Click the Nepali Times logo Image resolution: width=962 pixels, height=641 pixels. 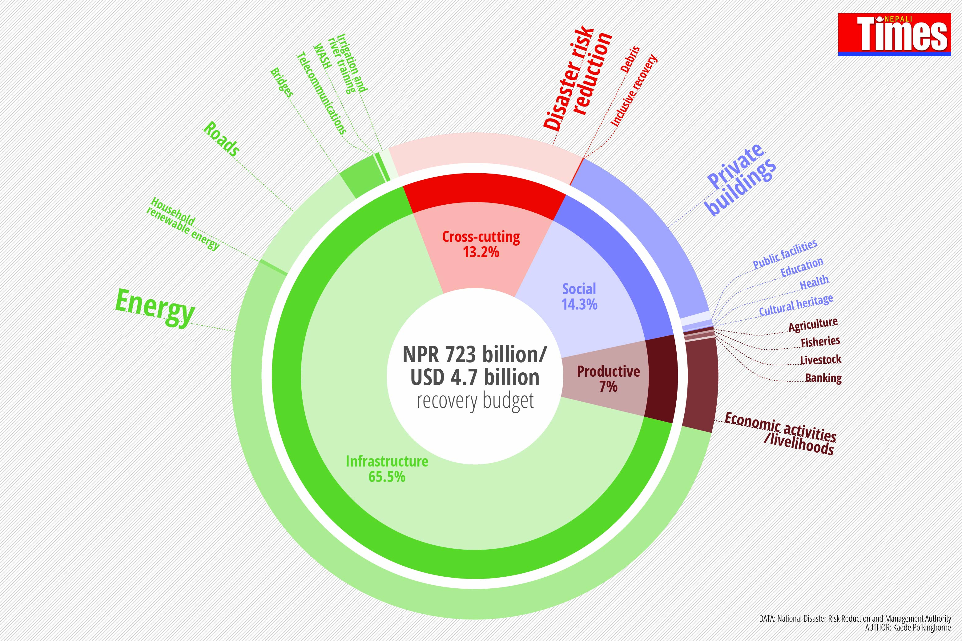(x=894, y=34)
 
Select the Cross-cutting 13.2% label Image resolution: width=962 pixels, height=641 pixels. (x=481, y=244)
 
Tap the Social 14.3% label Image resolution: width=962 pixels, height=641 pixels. (x=579, y=296)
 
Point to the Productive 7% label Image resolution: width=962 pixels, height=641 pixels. (x=608, y=379)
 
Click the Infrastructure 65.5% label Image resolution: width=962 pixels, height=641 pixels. (x=387, y=468)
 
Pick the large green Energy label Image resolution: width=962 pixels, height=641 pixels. (x=155, y=307)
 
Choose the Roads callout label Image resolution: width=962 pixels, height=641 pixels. (x=221, y=139)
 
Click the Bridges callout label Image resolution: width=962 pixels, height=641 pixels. (x=282, y=82)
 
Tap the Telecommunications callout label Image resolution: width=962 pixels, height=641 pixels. (x=321, y=93)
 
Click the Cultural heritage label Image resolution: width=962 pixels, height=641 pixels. (x=796, y=305)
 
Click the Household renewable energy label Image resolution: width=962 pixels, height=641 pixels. (x=183, y=223)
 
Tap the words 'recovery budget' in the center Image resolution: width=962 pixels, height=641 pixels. (x=475, y=401)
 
